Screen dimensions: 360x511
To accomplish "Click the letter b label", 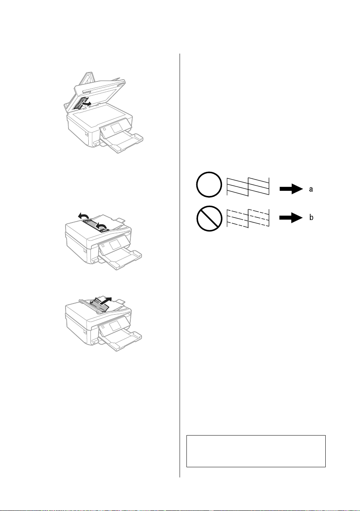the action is pos(311,217).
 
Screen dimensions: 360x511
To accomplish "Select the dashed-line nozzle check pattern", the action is pos(248,218).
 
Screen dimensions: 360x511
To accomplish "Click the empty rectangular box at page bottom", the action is pos(256,451).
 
